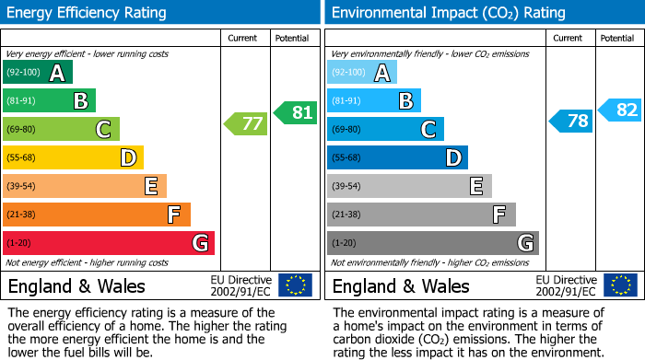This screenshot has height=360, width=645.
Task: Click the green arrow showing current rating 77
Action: coord(246,122)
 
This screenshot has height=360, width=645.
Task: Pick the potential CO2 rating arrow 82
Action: coord(620,110)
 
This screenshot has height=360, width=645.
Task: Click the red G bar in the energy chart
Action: coord(109,243)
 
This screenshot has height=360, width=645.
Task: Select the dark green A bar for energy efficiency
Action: coord(38,73)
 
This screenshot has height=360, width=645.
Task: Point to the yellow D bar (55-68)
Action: coord(74,157)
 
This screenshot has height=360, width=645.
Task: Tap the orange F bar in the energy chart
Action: coord(97,215)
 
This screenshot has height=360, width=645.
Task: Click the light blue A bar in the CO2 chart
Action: coord(362,73)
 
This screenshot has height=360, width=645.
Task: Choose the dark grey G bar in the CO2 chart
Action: coord(433,243)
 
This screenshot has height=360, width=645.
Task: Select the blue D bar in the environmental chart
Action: coord(397,157)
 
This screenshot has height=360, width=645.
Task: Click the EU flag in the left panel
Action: coord(296,285)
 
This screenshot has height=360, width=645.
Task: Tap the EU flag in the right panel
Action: coord(620,285)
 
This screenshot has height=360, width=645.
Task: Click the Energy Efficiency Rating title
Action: coord(88,13)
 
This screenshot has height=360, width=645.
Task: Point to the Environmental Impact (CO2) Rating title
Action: coord(448,13)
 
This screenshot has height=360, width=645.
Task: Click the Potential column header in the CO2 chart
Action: coord(617,39)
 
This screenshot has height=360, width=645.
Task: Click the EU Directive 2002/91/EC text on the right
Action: coord(565,285)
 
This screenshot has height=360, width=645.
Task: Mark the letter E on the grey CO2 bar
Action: coord(476,186)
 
